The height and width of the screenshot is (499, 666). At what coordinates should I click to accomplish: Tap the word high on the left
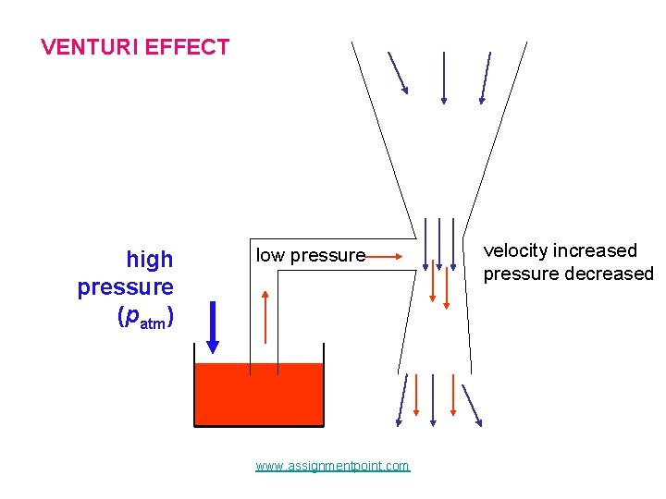click(149, 260)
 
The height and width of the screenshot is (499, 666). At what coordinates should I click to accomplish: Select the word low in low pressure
click(270, 255)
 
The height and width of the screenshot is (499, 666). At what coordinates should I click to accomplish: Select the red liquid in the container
click(259, 393)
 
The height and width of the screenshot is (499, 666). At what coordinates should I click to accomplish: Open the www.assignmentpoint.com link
click(332, 466)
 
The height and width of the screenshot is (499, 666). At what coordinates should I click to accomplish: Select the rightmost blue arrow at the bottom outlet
click(472, 405)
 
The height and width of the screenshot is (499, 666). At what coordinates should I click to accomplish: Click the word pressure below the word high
click(126, 287)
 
